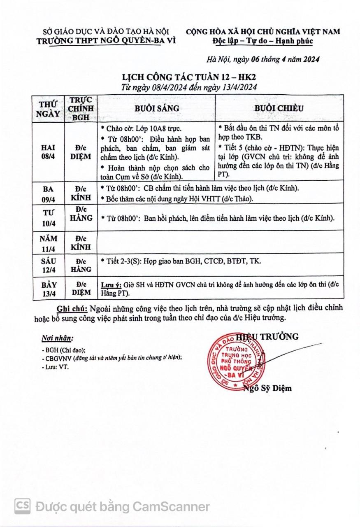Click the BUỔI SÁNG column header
(157, 108)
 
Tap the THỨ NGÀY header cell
(48, 109)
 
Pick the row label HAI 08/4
(48, 152)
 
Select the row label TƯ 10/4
(48, 218)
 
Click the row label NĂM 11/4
(48, 243)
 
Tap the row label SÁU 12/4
(48, 265)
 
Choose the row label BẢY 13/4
(48, 288)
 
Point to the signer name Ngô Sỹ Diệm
(267, 388)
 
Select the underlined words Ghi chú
(72, 308)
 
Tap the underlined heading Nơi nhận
(57, 338)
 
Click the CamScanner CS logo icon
(23, 506)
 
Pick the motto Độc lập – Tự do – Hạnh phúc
(262, 41)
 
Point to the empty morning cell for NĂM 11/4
(220, 242)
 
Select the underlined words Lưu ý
(111, 284)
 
